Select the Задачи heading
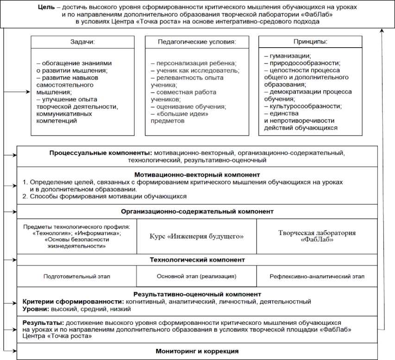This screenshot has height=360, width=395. click(x=82, y=42)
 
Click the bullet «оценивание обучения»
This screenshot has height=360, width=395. click(x=188, y=106)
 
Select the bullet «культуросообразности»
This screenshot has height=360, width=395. click(x=300, y=106)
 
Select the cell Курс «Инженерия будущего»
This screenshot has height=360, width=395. click(x=196, y=236)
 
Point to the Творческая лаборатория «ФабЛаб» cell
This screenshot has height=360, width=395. click(x=316, y=236)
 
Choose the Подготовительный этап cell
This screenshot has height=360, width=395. click(x=77, y=277)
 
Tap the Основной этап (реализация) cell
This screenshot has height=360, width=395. click(x=196, y=277)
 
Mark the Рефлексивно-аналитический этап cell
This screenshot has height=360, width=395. click(x=317, y=277)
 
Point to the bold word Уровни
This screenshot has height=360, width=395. click(x=36, y=309)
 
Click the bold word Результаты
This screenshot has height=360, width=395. click(x=43, y=322)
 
